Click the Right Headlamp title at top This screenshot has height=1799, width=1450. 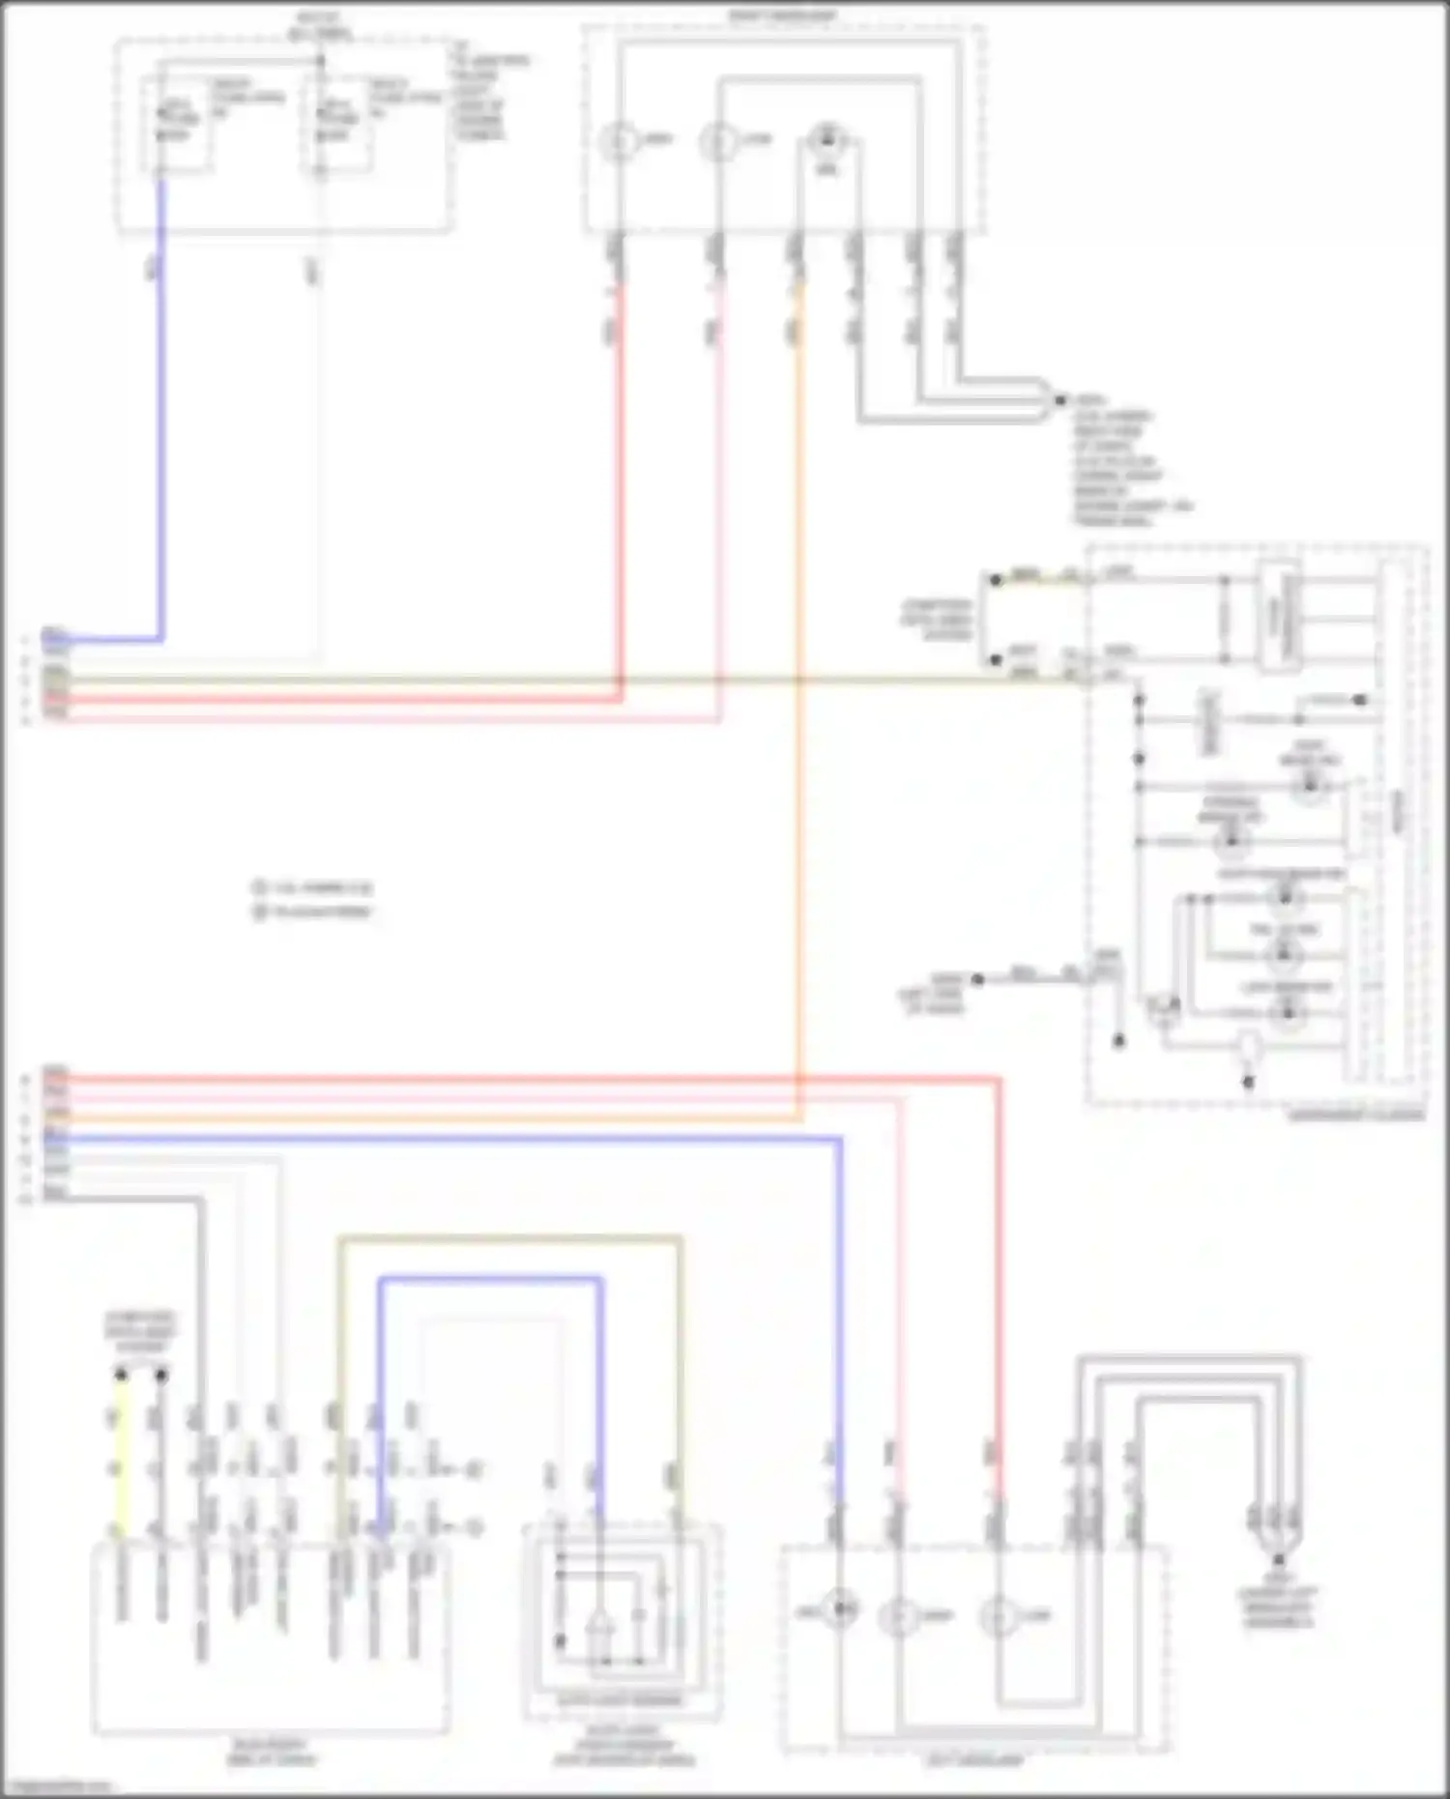pos(783,15)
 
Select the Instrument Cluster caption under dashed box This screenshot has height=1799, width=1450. pos(1355,1115)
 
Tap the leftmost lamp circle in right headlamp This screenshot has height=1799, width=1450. pos(616,141)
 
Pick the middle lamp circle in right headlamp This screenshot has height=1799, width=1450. pos(718,141)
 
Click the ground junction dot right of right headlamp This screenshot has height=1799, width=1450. pos(1060,399)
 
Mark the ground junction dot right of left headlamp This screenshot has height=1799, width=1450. pos(1279,1559)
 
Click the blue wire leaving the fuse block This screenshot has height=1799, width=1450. pos(161,406)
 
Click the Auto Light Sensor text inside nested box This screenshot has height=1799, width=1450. pos(621,1698)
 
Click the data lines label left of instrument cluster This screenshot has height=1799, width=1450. pos(936,620)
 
